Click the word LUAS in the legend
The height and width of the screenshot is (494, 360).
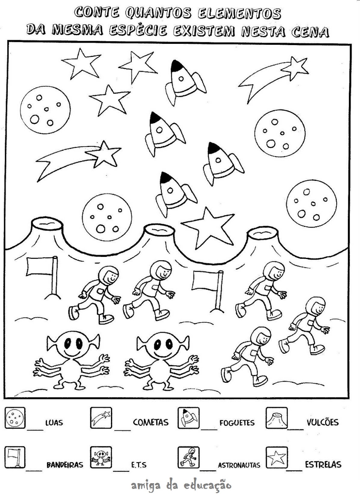click(x=54, y=422)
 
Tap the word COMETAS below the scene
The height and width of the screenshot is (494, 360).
click(x=151, y=422)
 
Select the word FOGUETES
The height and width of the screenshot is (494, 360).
click(x=237, y=423)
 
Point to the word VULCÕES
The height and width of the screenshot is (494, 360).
click(x=323, y=422)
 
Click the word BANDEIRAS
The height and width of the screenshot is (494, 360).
click(x=65, y=465)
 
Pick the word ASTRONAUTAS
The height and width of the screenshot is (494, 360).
click(x=239, y=465)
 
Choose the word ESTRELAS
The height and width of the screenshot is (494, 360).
click(x=323, y=464)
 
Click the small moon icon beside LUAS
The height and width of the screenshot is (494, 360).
click(x=15, y=418)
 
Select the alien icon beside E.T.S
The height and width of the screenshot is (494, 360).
click(x=101, y=457)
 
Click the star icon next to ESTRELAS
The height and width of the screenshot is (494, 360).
click(x=277, y=457)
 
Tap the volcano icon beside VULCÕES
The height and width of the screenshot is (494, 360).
click(x=277, y=418)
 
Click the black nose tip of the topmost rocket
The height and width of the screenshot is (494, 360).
click(x=176, y=65)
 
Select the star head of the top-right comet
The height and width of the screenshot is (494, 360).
click(x=297, y=68)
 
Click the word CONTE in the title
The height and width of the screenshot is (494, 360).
click(x=96, y=13)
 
